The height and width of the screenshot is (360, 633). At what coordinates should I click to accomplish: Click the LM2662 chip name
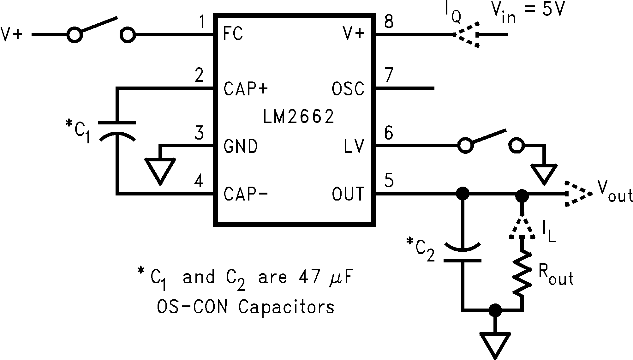tap(298, 117)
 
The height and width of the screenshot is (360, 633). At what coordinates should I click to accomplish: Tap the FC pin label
tap(233, 33)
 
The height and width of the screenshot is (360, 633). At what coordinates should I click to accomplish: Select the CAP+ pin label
tap(246, 89)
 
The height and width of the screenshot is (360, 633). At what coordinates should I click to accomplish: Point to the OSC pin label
tap(348, 89)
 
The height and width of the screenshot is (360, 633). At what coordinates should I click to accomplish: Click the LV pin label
tap(355, 146)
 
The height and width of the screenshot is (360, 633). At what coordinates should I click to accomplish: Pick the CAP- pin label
tap(246, 194)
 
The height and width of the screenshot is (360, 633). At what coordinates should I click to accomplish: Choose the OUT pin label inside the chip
tap(348, 194)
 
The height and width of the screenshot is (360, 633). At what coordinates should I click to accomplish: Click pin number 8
tap(389, 22)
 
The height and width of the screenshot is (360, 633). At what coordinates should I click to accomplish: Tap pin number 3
tap(199, 133)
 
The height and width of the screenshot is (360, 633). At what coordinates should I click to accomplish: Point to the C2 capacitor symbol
tap(463, 253)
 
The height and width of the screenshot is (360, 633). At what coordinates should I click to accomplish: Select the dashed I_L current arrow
tap(522, 227)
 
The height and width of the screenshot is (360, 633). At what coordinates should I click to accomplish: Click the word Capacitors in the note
tap(286, 307)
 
